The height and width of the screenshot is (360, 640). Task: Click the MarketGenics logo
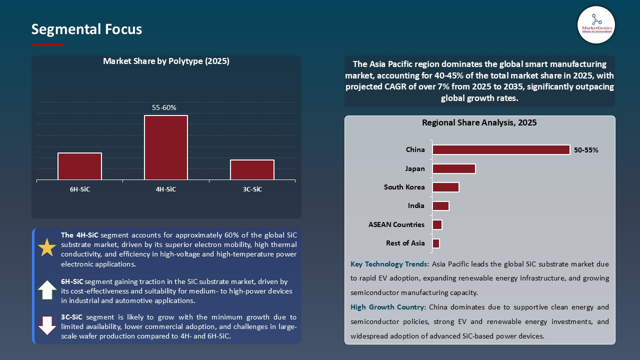pyautogui.click(x=596, y=24)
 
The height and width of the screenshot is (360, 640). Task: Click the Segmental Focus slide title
pyautogui.click(x=86, y=29)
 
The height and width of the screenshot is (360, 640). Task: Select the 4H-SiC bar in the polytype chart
pyautogui.click(x=166, y=147)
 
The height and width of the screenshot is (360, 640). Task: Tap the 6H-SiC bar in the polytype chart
pyautogui.click(x=79, y=166)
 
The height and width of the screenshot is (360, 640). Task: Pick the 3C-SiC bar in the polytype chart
pyautogui.click(x=252, y=169)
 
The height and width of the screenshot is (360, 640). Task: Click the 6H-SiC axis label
pyautogui.click(x=80, y=189)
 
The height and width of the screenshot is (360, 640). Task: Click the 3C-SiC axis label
pyautogui.click(x=252, y=189)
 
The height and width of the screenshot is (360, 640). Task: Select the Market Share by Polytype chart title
pyautogui.click(x=166, y=61)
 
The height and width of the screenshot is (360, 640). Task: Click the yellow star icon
pyautogui.click(x=47, y=248)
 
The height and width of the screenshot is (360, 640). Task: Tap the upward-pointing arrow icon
pyautogui.click(x=47, y=290)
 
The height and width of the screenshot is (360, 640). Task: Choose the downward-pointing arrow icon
pyautogui.click(x=47, y=325)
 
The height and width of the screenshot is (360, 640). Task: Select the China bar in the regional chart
pyautogui.click(x=501, y=150)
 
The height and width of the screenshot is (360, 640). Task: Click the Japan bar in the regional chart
pyautogui.click(x=454, y=168)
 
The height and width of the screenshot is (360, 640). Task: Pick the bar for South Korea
pyautogui.click(x=445, y=187)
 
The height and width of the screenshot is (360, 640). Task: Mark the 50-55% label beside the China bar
pyautogui.click(x=586, y=150)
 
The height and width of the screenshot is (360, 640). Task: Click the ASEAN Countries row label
pyautogui.click(x=396, y=224)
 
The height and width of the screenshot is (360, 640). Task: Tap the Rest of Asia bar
pyautogui.click(x=436, y=243)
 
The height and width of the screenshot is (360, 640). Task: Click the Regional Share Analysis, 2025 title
pyautogui.click(x=479, y=123)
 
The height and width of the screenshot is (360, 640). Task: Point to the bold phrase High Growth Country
pyautogui.click(x=387, y=307)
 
